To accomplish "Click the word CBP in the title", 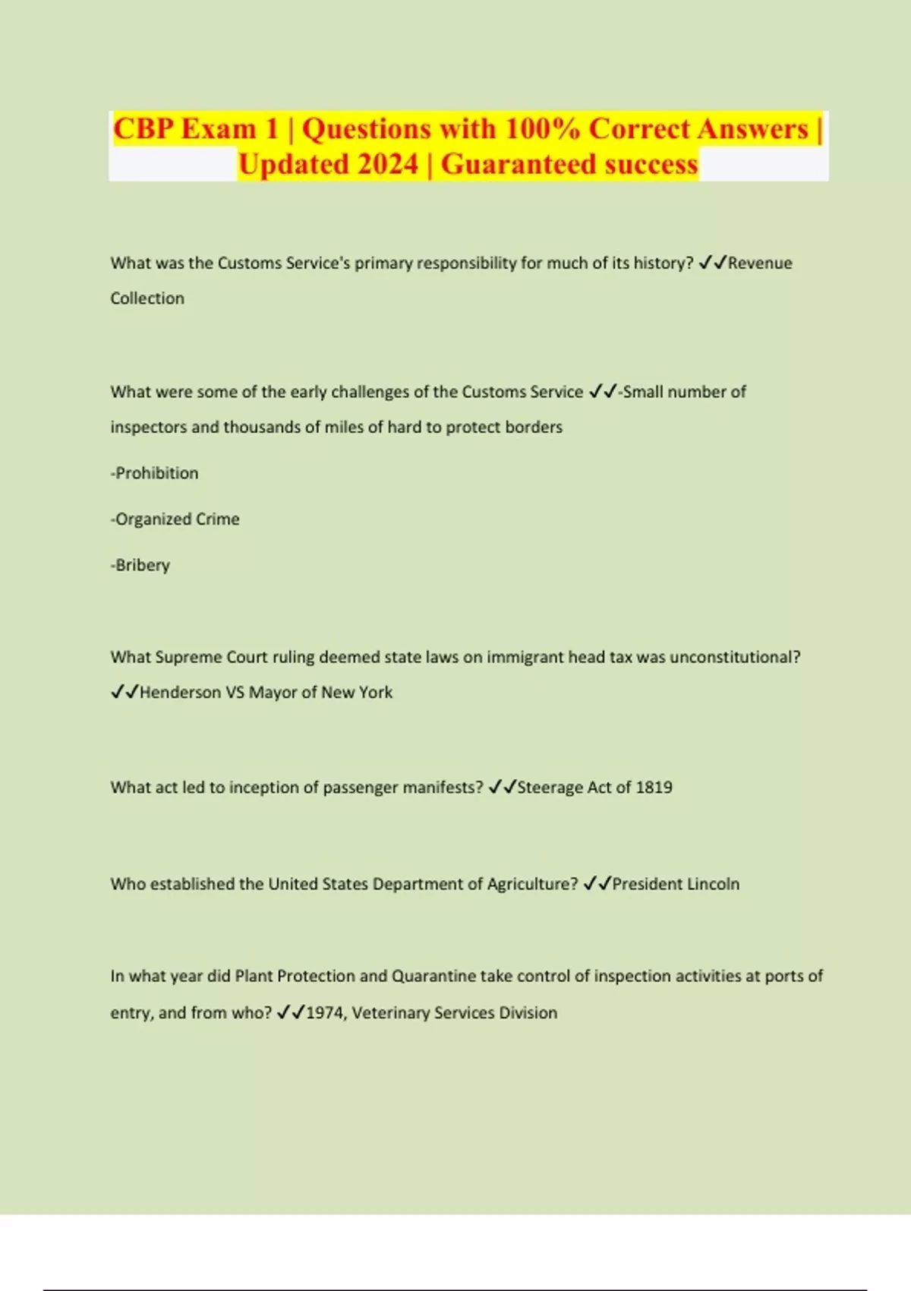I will pyautogui.click(x=144, y=129).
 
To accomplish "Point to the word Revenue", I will pyautogui.click(x=760, y=263).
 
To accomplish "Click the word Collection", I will pyautogui.click(x=147, y=298).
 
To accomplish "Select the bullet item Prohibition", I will pyautogui.click(x=156, y=473).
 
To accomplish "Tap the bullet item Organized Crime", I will pyautogui.click(x=176, y=519).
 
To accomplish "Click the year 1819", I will pyautogui.click(x=654, y=788).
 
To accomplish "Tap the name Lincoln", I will pyautogui.click(x=713, y=884).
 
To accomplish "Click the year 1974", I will pyautogui.click(x=325, y=1013).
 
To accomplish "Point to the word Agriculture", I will pyautogui.click(x=529, y=884).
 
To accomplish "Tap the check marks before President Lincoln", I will pyautogui.click(x=597, y=884).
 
